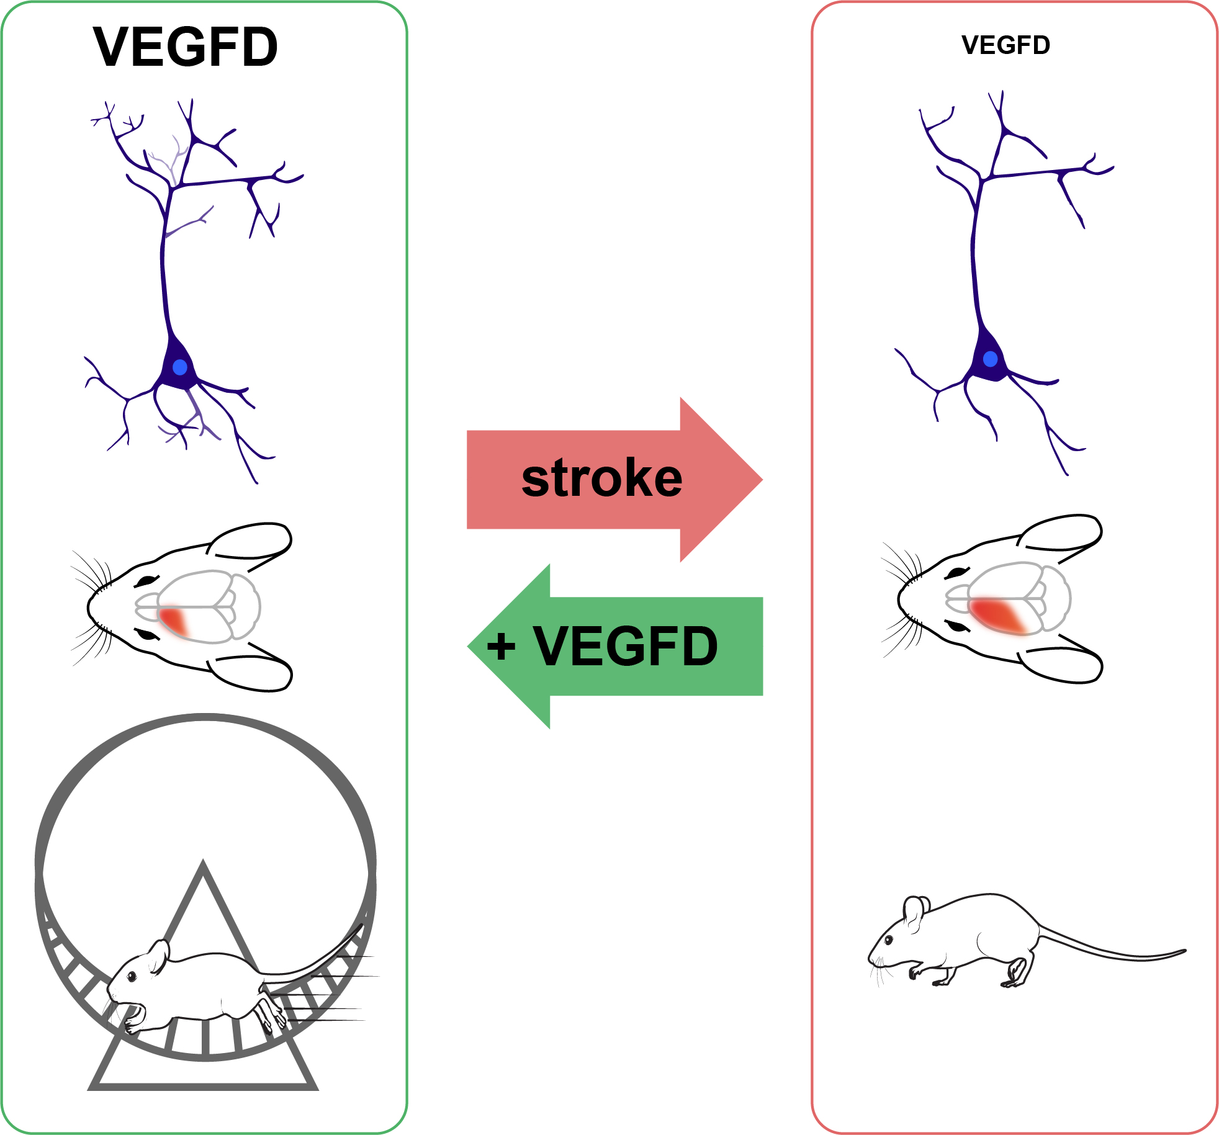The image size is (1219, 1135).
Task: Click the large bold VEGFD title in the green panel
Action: click(x=186, y=47)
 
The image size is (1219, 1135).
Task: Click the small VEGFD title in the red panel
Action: click(x=1005, y=45)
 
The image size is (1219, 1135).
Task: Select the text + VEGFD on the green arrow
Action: click(x=602, y=646)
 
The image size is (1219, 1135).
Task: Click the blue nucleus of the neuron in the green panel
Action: click(x=180, y=367)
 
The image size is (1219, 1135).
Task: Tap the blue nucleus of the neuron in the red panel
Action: click(x=991, y=359)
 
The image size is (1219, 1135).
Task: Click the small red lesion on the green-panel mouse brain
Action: click(x=174, y=621)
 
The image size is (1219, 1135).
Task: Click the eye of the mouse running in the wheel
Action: click(x=132, y=976)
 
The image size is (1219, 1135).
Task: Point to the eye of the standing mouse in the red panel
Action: click(x=889, y=940)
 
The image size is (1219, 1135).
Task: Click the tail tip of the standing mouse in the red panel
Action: click(x=1184, y=951)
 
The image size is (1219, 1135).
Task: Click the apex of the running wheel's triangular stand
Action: click(x=203, y=864)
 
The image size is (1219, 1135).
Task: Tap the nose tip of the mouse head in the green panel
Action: click(x=89, y=608)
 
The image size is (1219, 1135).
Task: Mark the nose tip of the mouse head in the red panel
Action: click(x=899, y=599)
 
